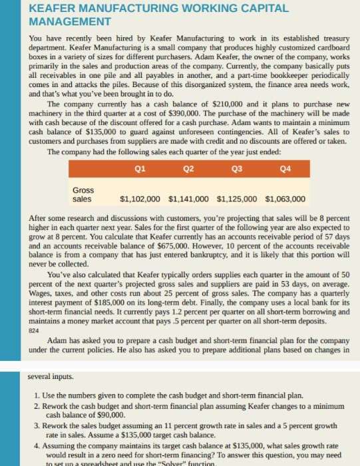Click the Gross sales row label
83,193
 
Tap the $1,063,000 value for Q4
285,198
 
